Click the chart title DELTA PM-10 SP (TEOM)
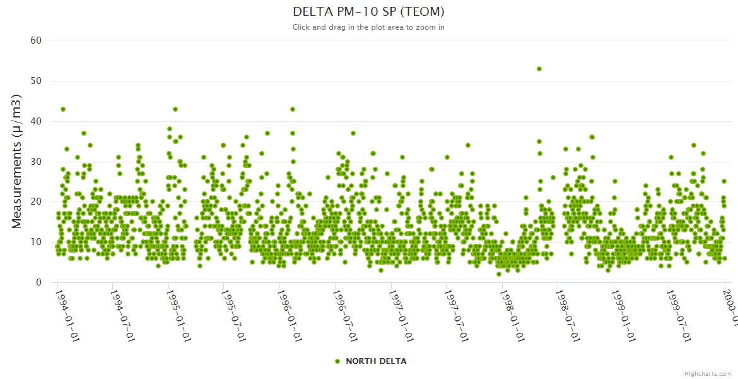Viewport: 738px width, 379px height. [x=368, y=12]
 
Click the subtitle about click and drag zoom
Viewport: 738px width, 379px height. [x=368, y=27]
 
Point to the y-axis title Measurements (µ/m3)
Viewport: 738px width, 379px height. [x=17, y=161]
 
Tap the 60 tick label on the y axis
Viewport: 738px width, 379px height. [x=36, y=40]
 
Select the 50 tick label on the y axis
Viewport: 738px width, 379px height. [x=36, y=81]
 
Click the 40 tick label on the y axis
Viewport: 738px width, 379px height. [x=36, y=121]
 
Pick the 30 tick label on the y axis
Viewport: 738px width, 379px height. [x=36, y=162]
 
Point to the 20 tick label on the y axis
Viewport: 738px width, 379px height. [x=36, y=202]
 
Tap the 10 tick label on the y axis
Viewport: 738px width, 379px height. [x=36, y=242]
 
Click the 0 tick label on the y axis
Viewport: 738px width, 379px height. [x=38, y=282]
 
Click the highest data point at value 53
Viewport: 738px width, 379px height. [x=539, y=69]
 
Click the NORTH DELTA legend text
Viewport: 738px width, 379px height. [x=376, y=361]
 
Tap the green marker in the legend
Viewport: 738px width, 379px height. [x=337, y=361]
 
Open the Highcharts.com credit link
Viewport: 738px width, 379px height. [x=708, y=374]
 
